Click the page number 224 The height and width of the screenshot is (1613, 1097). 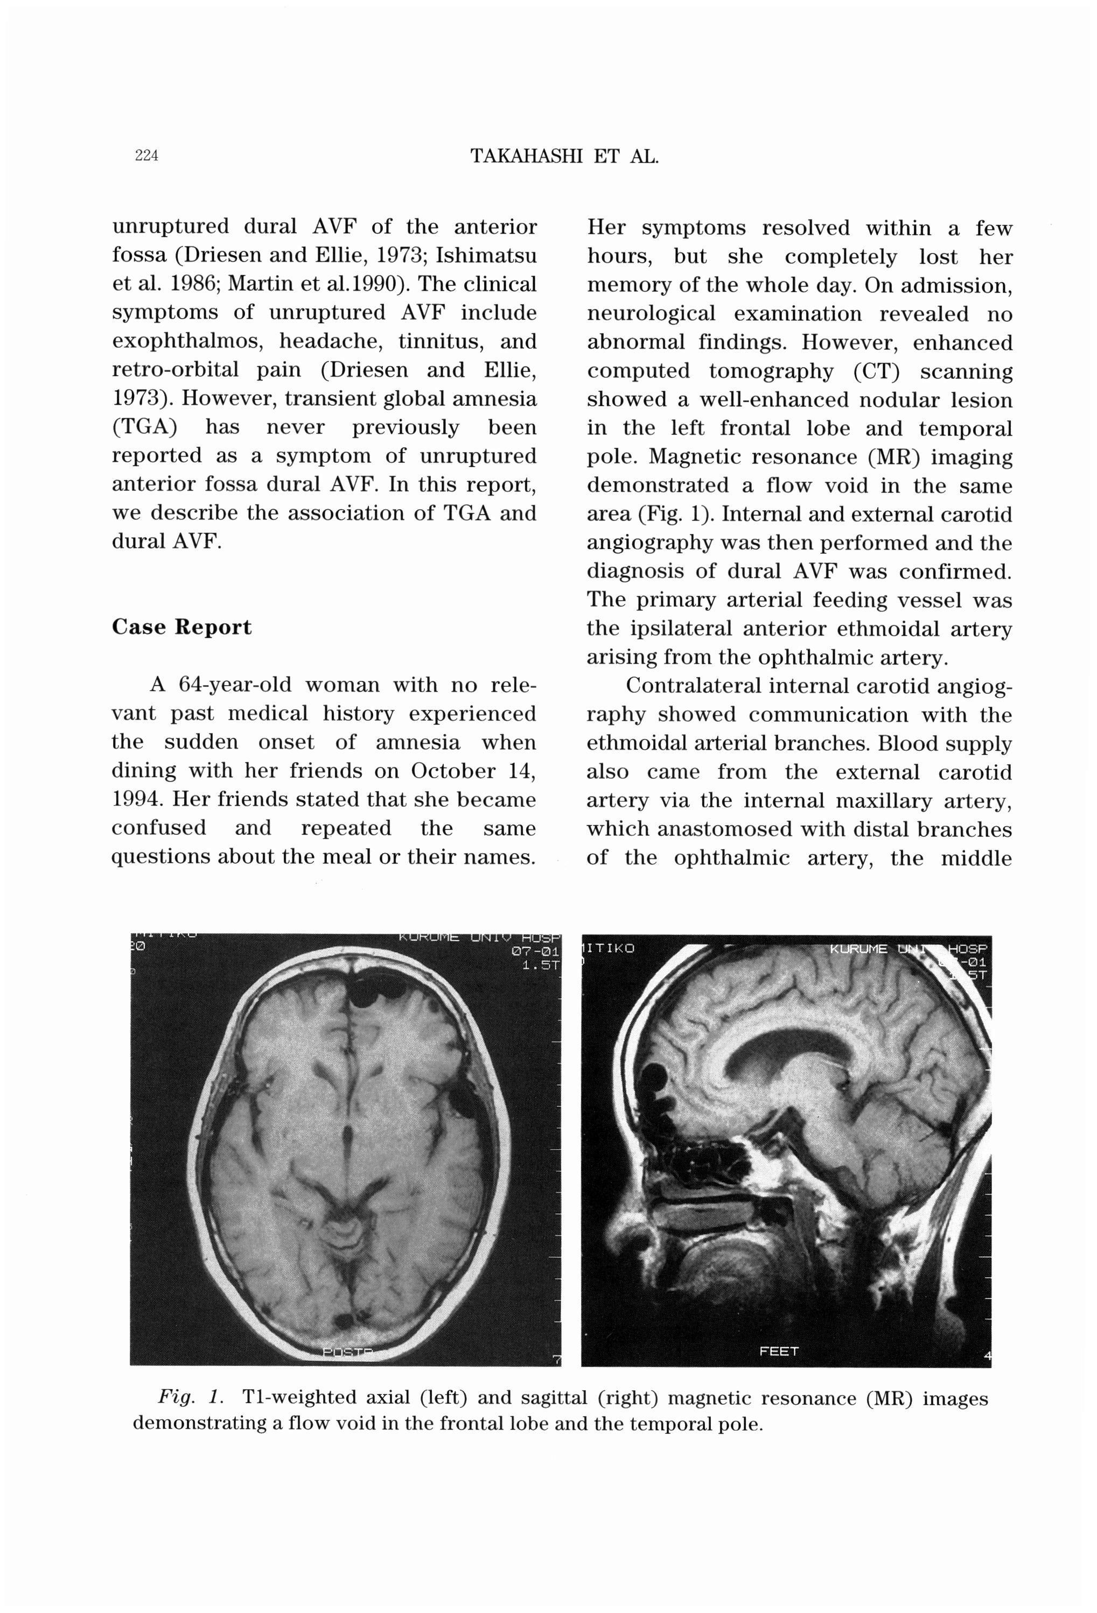(x=146, y=156)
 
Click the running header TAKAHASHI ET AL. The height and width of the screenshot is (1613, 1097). (x=564, y=156)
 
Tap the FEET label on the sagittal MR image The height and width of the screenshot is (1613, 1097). (x=778, y=1351)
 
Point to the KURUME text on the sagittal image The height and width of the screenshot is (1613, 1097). (x=858, y=948)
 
